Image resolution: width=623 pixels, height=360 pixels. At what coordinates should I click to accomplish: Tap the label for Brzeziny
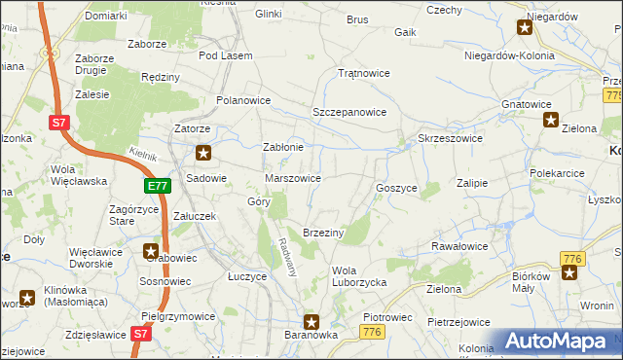click(323, 233)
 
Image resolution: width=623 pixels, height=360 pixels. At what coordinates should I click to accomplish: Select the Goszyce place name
click(396, 187)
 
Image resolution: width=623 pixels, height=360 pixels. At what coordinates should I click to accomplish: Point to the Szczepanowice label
click(349, 112)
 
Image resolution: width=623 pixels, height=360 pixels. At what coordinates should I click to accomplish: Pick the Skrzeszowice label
click(450, 138)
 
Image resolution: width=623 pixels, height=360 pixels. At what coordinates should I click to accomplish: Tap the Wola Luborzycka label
click(360, 276)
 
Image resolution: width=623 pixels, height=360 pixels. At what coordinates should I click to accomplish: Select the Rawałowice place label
click(459, 246)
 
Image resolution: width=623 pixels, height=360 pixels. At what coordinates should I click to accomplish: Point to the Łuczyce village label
click(247, 276)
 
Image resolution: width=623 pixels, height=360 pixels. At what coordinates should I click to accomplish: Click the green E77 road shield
click(158, 185)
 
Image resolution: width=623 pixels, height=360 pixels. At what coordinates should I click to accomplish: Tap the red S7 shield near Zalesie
click(60, 122)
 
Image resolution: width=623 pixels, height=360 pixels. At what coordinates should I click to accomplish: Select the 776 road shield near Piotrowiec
click(370, 333)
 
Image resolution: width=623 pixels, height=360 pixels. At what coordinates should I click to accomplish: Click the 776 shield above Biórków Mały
click(571, 258)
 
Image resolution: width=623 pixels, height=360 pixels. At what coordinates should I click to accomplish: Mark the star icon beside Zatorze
click(203, 152)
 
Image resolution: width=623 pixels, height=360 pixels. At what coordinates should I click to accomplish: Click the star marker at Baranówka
click(311, 322)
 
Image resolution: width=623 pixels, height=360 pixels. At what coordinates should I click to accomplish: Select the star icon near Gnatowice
click(550, 121)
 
